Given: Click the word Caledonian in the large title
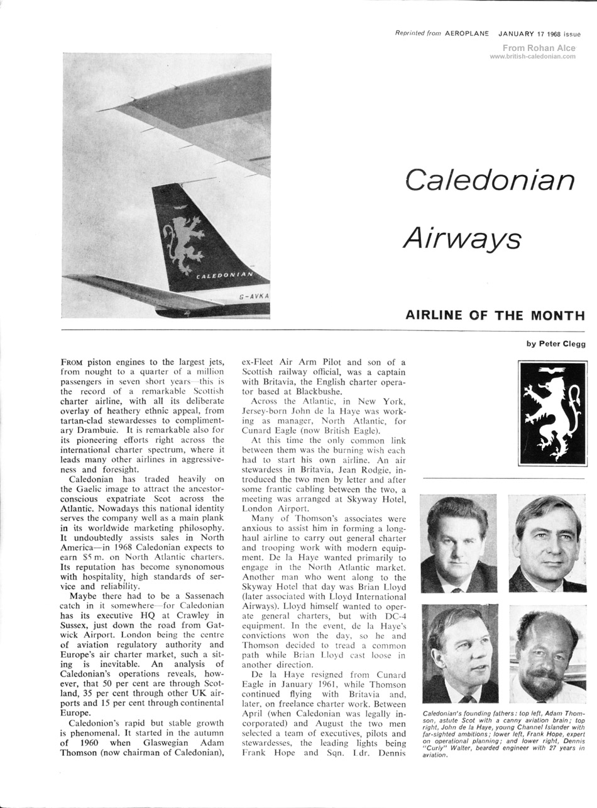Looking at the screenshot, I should pyautogui.click(x=490, y=181).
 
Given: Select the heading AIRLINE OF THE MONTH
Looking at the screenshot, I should pyautogui.click(x=495, y=315).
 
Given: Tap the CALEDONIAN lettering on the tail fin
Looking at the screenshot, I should pyautogui.click(x=224, y=275).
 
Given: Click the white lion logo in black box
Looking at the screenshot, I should pyautogui.click(x=552, y=413).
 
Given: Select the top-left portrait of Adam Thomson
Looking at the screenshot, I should pyautogui.click(x=458, y=543).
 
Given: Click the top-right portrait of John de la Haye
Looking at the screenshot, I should pyautogui.click(x=547, y=543).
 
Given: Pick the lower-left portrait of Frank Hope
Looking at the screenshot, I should pyautogui.click(x=459, y=653).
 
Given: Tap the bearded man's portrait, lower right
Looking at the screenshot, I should pyautogui.click(x=547, y=654).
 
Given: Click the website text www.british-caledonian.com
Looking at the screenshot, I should pyautogui.click(x=532, y=56).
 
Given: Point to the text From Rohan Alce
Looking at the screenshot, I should pyautogui.click(x=539, y=48).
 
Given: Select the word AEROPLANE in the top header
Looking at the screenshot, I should pyautogui.click(x=466, y=34).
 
